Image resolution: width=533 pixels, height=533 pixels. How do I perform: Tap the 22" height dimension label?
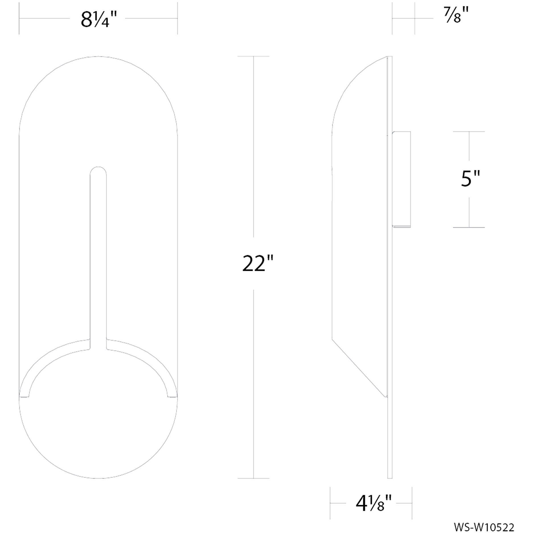[x=257, y=264]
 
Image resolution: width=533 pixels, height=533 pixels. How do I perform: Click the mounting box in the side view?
[x=401, y=179]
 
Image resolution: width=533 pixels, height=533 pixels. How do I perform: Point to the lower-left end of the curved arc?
[x=24, y=396]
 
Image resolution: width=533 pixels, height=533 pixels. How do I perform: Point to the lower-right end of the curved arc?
[x=173, y=396]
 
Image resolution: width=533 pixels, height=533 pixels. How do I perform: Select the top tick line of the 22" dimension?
[x=253, y=56]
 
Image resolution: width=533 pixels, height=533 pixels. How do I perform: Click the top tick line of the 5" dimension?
[x=469, y=132]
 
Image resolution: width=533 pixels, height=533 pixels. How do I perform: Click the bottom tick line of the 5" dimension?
[x=469, y=227]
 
